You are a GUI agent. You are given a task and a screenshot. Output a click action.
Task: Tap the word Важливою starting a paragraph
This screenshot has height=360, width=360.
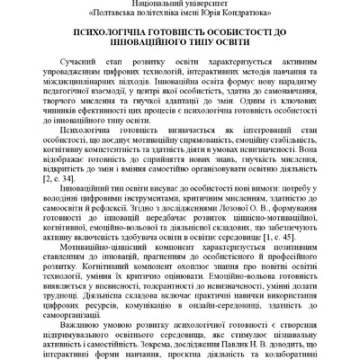tap(87, 322)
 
